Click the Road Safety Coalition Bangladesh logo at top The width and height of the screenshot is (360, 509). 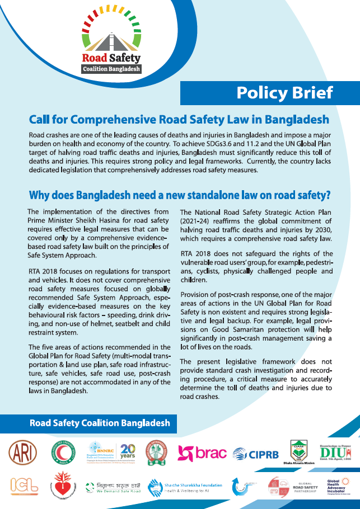[111, 42]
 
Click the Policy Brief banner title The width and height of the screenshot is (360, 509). [284, 92]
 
